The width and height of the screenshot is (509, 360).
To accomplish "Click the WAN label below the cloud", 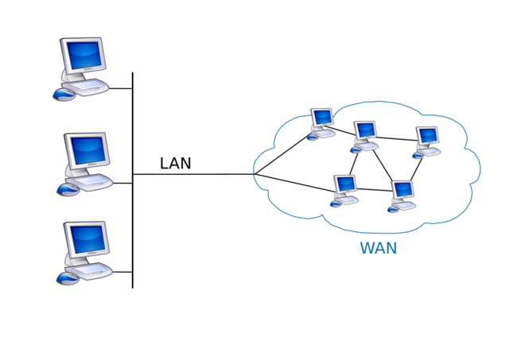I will [x=379, y=248].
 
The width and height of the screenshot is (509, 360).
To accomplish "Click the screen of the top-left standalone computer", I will [x=84, y=56].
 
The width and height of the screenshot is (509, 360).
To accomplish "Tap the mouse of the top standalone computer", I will [x=63, y=95].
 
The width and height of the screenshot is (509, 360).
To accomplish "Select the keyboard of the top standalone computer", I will [x=91, y=85].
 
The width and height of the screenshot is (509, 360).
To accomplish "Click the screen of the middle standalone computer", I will [x=87, y=149].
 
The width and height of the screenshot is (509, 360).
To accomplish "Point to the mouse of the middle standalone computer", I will [x=67, y=189].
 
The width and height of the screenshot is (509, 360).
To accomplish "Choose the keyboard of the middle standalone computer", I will [x=94, y=180].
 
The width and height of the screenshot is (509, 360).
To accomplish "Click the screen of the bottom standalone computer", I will [x=87, y=238].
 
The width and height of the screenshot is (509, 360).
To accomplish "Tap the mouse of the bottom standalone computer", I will [x=67, y=278].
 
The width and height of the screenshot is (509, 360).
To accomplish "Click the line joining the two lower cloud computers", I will [x=374, y=189].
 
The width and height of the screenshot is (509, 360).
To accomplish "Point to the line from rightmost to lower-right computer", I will [x=416, y=170].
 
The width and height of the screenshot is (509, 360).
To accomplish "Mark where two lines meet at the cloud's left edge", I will [x=254, y=174].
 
